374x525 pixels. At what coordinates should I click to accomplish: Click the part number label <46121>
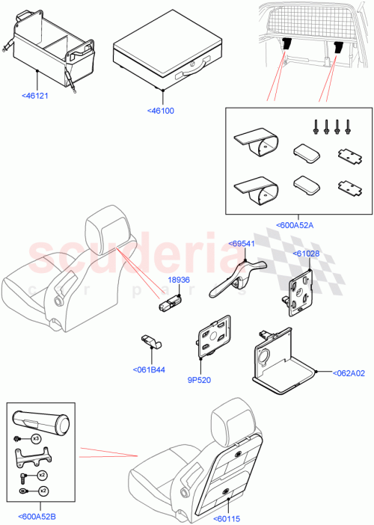click(36, 96)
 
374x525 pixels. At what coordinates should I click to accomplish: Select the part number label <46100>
click(161, 111)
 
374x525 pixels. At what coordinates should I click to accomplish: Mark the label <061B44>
click(150, 369)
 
